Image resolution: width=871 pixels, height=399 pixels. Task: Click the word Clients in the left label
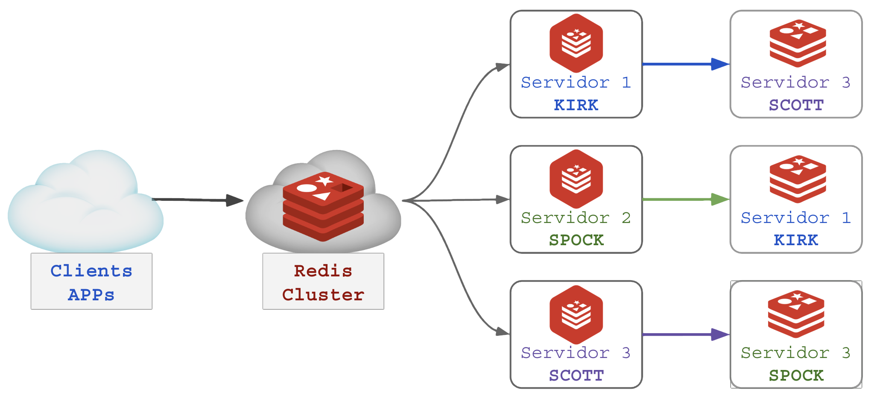coord(91,271)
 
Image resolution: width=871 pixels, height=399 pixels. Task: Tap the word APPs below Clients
coord(91,295)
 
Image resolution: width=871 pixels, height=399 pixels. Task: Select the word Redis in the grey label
coord(323,271)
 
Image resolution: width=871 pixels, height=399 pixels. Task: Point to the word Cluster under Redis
coord(323,295)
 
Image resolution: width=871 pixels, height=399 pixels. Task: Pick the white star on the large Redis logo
coord(324,180)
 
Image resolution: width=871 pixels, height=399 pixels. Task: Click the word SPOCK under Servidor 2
coord(576,240)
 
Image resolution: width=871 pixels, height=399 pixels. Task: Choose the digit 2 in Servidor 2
coord(626,218)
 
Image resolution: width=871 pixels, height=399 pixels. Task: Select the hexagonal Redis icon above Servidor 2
coord(576,179)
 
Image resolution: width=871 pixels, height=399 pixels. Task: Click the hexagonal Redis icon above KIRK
coord(576,43)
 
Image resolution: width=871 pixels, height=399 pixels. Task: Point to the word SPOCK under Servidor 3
coord(796,376)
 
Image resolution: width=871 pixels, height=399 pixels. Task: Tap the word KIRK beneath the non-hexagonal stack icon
coord(796,240)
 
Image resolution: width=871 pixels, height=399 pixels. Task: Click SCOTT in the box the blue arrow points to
coord(796,105)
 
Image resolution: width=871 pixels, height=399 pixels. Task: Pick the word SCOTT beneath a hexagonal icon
coord(576,376)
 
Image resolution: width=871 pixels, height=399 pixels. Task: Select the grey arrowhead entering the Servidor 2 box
coord(502,199)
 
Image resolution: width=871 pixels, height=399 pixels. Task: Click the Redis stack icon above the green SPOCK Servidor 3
coord(796,314)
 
